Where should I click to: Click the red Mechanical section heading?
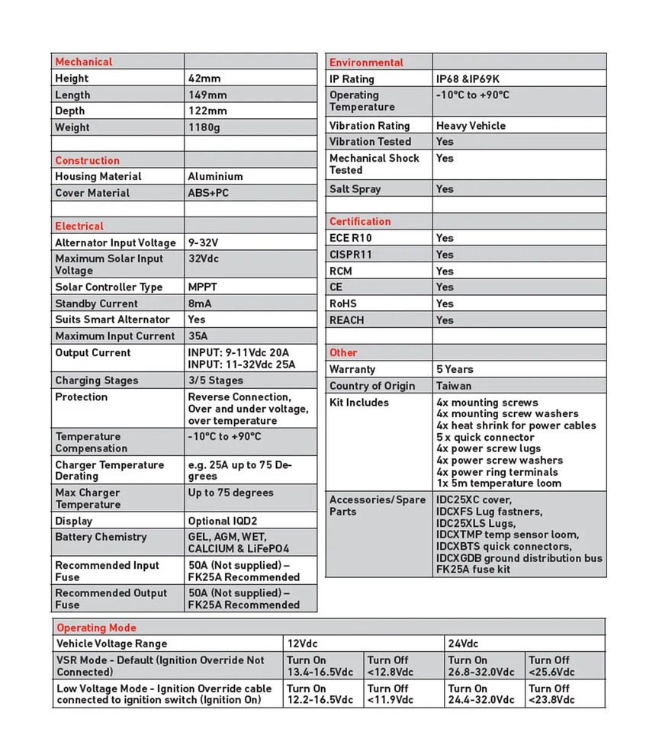coord(83,62)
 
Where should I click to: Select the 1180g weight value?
coord(204,127)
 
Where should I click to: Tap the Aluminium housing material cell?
coord(215,176)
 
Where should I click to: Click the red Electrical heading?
coord(79,226)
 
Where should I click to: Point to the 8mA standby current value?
coord(201,303)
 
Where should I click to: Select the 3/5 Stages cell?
coord(215,380)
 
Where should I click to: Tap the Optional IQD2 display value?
coord(224,521)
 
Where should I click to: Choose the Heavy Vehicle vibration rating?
coord(471,125)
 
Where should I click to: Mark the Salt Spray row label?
coord(355,188)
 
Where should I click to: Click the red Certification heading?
coord(359,221)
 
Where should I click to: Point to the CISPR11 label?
coord(352,254)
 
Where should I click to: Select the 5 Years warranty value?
coord(455,369)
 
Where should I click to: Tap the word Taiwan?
coord(454,386)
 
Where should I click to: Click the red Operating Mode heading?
coord(96,628)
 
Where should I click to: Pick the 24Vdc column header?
coord(463,644)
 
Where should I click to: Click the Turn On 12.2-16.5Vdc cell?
coord(320,694)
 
